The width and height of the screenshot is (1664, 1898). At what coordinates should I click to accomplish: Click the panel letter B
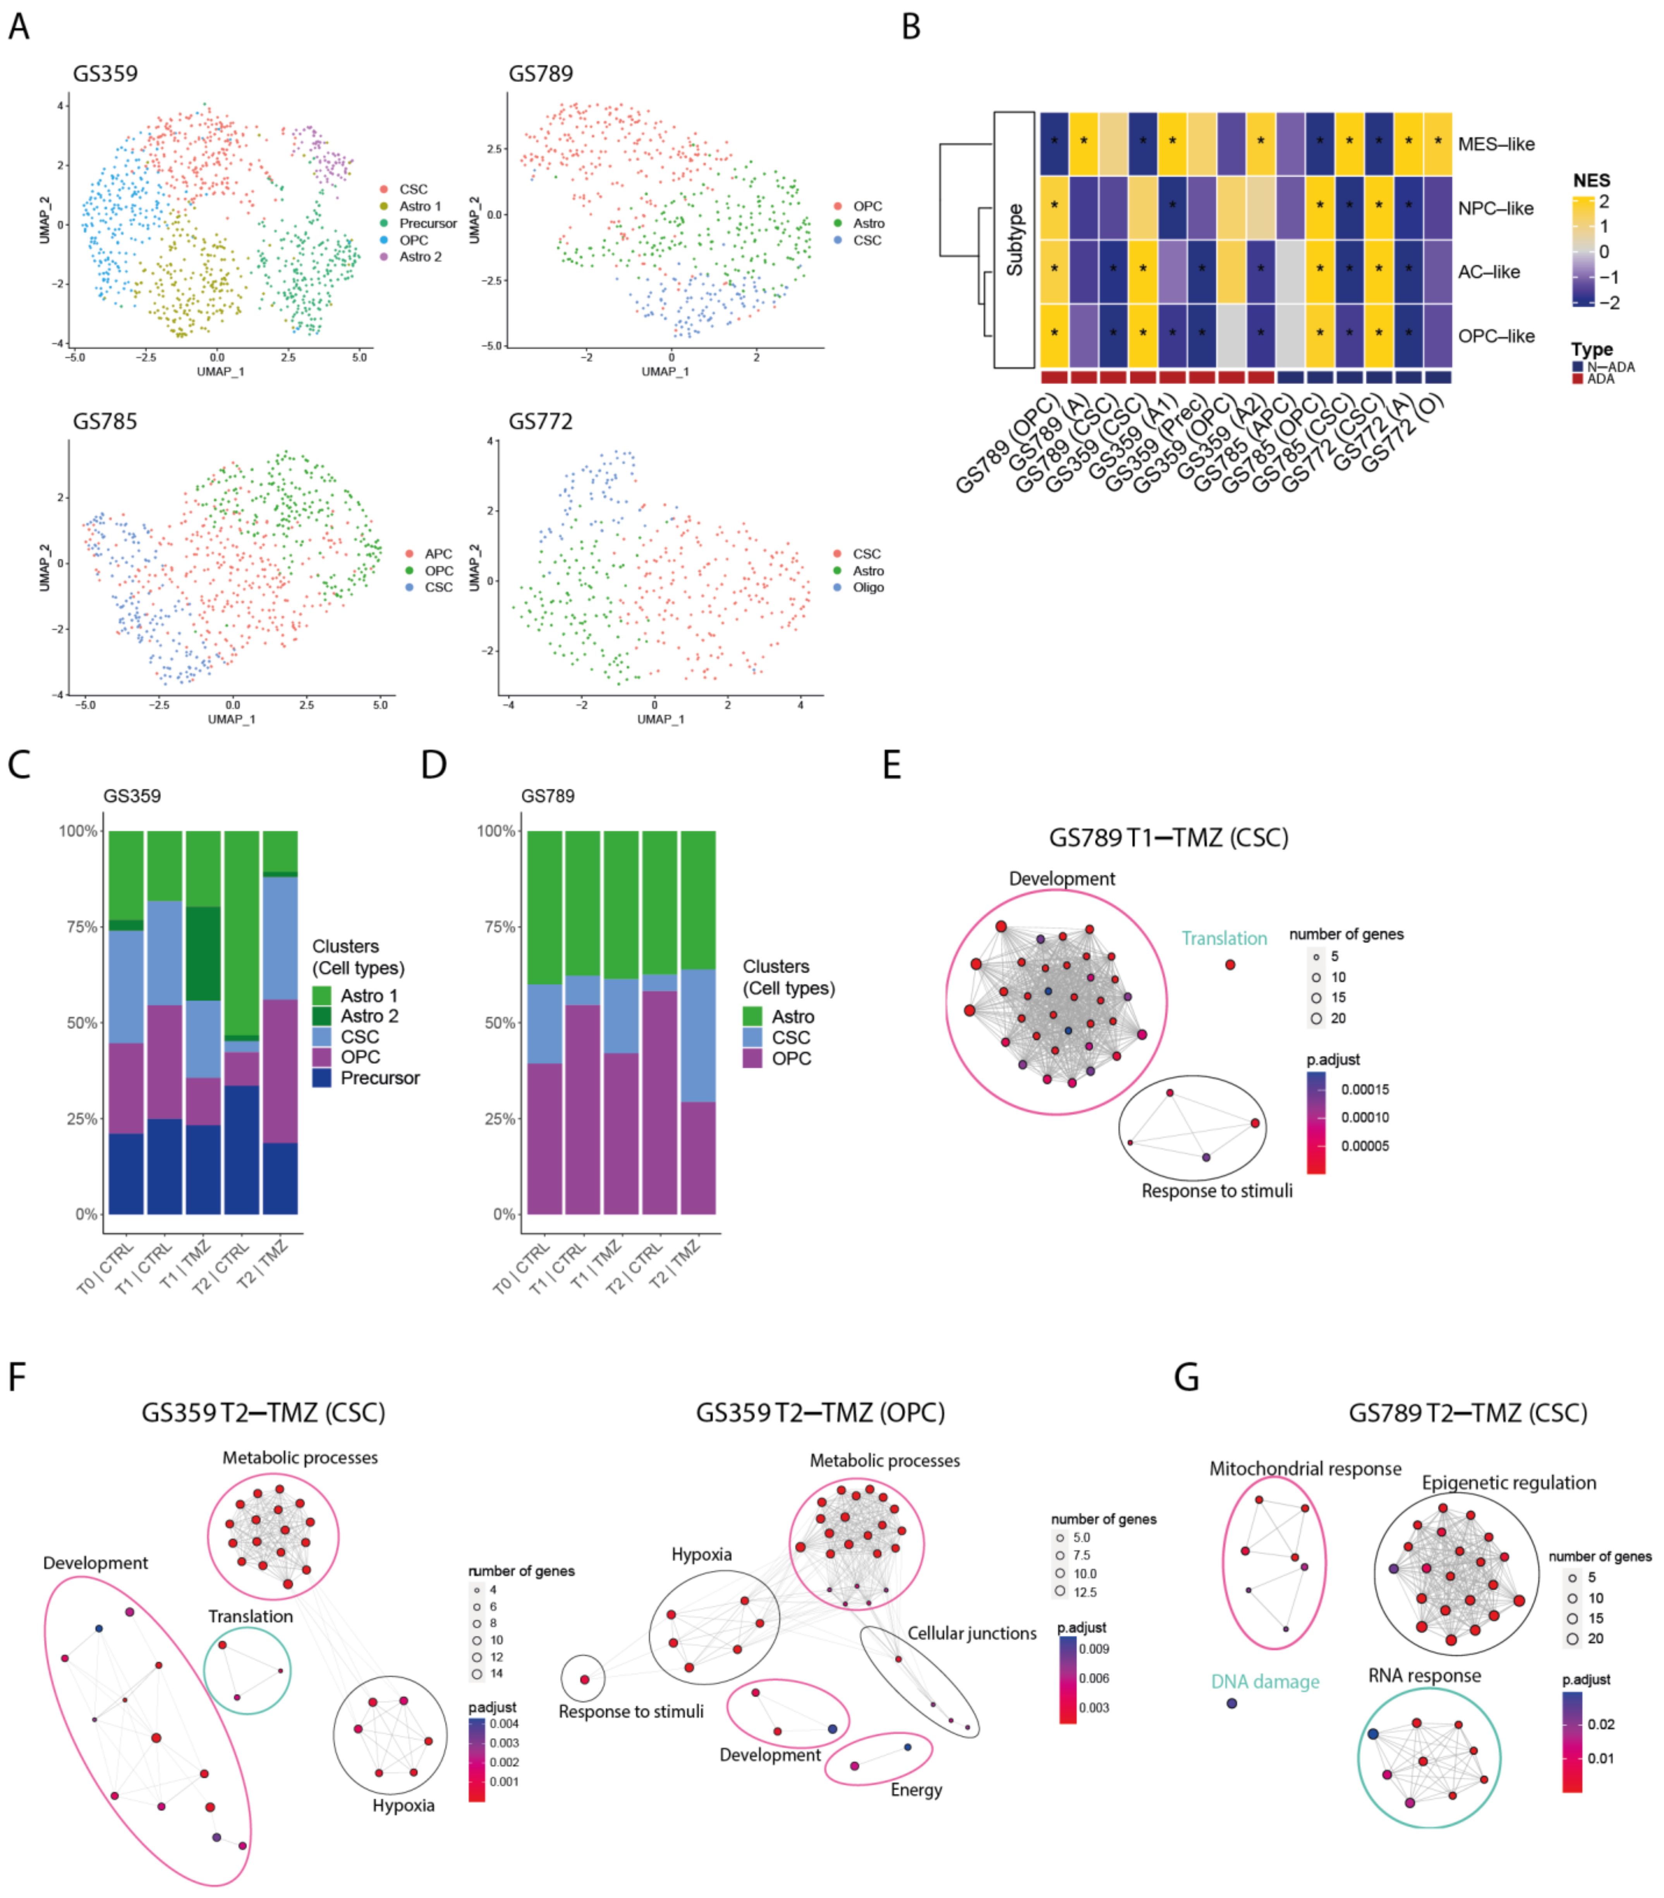point(911,27)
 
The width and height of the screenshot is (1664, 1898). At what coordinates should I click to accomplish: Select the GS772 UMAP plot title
point(541,422)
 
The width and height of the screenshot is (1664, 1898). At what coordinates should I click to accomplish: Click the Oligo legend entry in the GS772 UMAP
point(868,588)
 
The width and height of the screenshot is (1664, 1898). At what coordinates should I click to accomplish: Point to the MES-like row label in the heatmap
point(1496,144)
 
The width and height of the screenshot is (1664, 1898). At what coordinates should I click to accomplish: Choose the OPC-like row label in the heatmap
point(1496,336)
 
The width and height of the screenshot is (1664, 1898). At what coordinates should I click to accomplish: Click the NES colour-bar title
point(1591,180)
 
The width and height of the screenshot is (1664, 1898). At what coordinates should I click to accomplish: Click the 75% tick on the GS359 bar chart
point(79,927)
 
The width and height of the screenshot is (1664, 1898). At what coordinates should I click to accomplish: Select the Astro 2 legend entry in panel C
point(369,1016)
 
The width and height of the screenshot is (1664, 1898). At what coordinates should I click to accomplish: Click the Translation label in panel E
point(1224,939)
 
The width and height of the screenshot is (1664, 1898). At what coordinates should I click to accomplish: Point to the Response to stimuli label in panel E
point(1216,1191)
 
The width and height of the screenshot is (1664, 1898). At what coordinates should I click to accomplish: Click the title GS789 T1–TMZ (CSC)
point(1168,837)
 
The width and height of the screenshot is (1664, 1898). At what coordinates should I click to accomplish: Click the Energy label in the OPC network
point(915,1789)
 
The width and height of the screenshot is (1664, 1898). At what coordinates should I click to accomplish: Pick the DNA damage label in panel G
point(1265,1682)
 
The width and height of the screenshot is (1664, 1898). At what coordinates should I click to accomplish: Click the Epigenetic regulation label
point(1509,1483)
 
